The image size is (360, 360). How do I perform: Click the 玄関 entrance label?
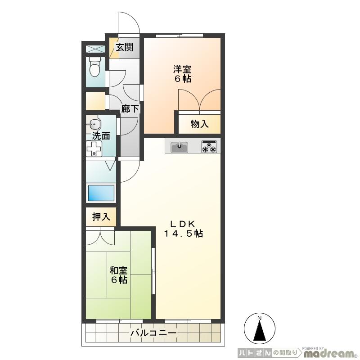124,47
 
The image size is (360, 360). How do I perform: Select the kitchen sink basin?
179,147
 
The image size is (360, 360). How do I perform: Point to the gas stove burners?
209,147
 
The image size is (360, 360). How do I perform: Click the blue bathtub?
101,193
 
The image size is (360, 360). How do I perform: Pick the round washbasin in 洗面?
94,124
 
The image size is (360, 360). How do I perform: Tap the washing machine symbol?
94,148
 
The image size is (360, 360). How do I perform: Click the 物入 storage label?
199,124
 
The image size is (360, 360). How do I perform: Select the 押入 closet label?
101,216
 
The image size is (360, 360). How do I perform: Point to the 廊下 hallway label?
130,108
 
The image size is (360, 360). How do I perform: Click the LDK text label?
183,223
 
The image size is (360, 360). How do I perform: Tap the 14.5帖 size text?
183,234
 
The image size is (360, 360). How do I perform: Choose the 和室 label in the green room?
119,270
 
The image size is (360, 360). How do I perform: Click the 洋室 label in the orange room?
182,69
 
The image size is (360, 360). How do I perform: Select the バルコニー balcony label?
153,333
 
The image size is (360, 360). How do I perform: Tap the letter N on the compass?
260,318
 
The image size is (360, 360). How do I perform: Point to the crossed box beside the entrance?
95,49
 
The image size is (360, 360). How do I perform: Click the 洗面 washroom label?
101,136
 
